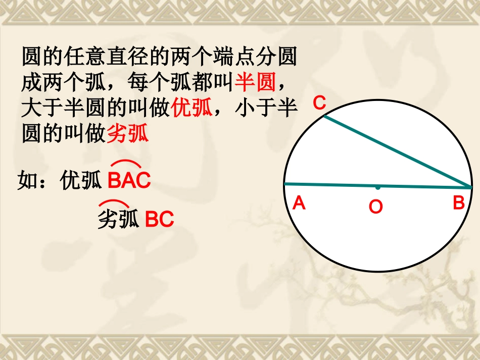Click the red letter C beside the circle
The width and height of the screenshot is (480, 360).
coord(319,102)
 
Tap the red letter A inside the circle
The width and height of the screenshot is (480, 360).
coord(299,203)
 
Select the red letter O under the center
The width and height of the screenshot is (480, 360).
coord(375,207)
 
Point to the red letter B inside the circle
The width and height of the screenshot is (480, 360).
coord(458,203)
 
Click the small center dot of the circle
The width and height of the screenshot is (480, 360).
coord(377,187)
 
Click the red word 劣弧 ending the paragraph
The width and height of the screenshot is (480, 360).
coord(128,134)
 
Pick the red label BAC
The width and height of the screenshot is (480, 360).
coord(129,181)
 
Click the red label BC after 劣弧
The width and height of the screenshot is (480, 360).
coord(160,220)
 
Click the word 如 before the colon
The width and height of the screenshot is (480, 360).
coord(28,180)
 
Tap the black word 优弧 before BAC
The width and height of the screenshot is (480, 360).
coord(81,180)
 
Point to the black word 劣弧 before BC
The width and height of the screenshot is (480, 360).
coord(118,220)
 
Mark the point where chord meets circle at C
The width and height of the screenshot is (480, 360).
coord(324,116)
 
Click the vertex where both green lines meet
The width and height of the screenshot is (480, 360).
coord(470,187)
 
